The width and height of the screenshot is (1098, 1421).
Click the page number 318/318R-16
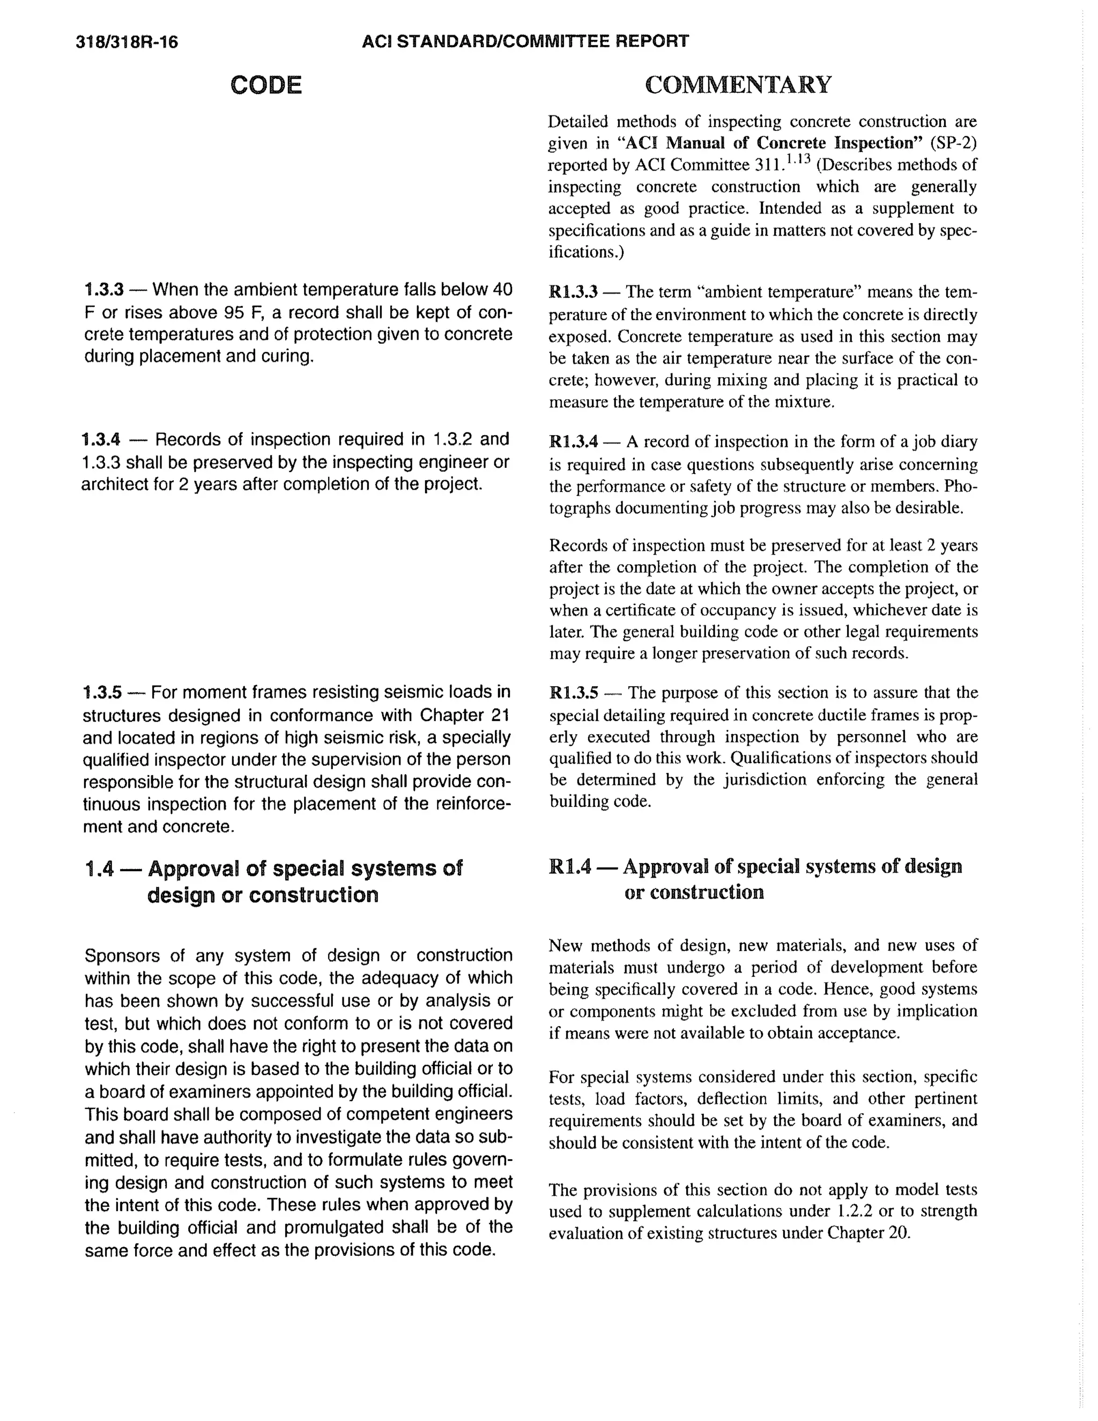click(x=127, y=43)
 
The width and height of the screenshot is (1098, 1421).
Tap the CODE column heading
click(x=266, y=85)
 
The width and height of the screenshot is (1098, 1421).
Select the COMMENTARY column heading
click(x=738, y=85)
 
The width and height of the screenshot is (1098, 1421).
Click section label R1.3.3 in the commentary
click(x=573, y=292)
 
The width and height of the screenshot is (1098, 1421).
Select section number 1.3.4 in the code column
click(x=101, y=439)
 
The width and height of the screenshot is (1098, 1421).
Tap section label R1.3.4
click(x=573, y=443)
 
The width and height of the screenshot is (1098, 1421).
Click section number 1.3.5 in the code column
click(x=102, y=691)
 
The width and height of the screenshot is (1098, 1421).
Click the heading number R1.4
click(x=570, y=867)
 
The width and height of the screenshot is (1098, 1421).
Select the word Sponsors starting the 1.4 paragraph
click(x=123, y=956)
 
